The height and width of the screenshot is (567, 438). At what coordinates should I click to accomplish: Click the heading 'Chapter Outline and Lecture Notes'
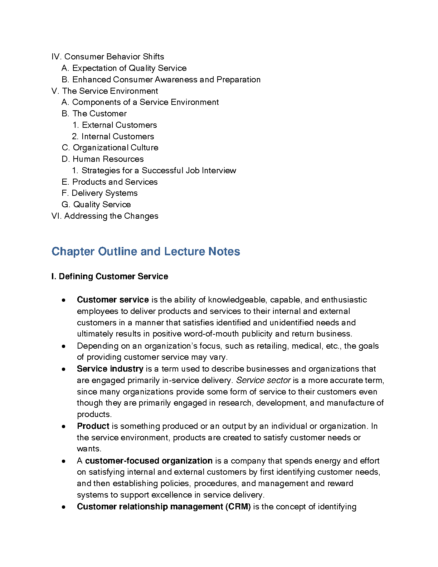(x=146, y=252)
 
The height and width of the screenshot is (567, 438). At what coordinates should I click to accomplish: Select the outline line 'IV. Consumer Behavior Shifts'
(x=108, y=57)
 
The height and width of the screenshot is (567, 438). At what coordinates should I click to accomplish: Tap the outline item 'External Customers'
(x=119, y=125)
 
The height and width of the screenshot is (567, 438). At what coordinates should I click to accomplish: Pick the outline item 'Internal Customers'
(x=118, y=136)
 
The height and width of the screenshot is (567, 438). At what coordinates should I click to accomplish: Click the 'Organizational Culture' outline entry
(x=115, y=147)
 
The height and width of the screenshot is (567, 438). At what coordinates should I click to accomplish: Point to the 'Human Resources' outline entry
(x=108, y=159)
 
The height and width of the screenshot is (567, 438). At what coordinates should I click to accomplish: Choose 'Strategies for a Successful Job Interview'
(x=159, y=170)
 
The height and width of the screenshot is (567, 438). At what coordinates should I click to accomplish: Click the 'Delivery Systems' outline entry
(x=104, y=193)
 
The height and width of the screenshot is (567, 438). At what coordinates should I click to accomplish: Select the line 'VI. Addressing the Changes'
(x=105, y=216)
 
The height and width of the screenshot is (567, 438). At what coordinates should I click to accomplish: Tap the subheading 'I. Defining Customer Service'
(x=110, y=276)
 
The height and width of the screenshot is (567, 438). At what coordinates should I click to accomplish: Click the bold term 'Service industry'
(x=110, y=369)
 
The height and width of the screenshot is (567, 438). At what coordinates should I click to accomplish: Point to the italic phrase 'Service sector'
(x=263, y=380)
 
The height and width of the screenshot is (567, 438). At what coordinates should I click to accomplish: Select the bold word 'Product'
(x=93, y=426)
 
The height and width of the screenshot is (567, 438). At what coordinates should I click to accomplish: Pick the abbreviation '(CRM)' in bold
(x=238, y=507)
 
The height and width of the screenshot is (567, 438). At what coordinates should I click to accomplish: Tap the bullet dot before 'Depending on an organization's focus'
(x=63, y=346)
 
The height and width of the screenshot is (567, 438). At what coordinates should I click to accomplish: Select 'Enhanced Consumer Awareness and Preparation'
(x=166, y=79)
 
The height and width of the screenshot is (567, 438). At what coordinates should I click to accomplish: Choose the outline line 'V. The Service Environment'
(x=105, y=91)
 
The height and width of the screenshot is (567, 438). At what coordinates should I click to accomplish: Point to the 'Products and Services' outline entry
(x=115, y=182)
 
